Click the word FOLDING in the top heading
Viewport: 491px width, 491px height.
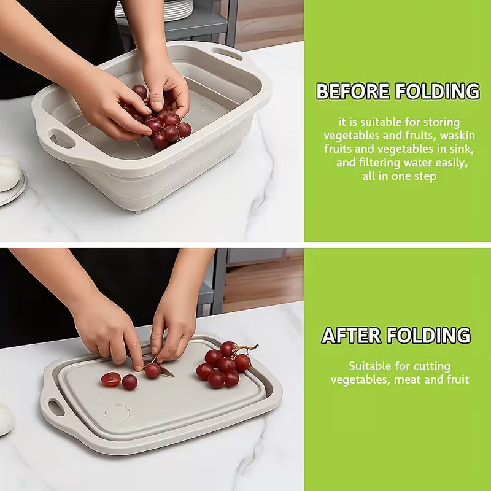438,91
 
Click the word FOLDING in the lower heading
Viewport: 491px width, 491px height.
432,336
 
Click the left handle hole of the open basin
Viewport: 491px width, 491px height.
61,139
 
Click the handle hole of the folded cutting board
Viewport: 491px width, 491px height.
55,406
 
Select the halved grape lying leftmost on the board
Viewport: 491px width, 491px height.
110,379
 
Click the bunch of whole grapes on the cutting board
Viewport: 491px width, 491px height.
222,365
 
